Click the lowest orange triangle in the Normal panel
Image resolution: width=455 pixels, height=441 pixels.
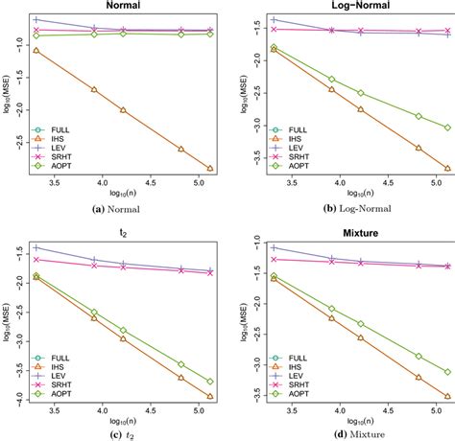tap(210, 169)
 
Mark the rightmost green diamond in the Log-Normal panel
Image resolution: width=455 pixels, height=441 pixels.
tap(446, 128)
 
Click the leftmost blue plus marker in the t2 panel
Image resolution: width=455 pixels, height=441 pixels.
tap(36, 247)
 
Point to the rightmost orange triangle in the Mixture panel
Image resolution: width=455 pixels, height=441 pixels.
tap(446, 395)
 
